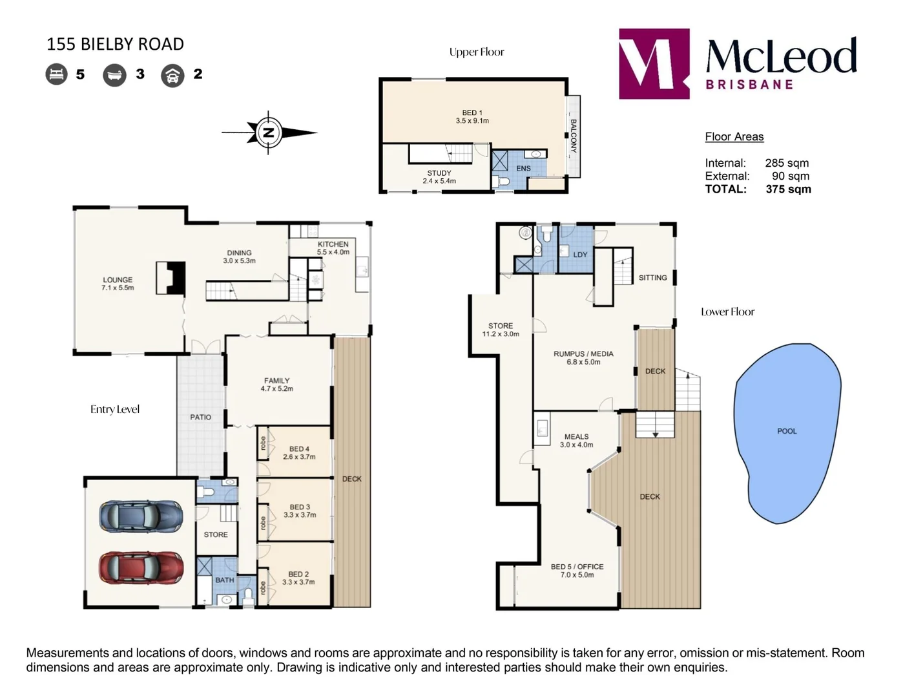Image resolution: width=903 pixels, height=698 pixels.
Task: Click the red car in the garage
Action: click(141, 568)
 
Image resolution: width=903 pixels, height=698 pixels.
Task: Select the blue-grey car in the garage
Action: click(141, 516)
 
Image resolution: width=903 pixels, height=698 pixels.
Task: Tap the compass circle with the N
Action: click(269, 132)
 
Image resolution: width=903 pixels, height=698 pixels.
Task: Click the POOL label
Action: click(787, 431)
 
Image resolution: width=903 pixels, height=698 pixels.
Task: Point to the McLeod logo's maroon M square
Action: click(654, 63)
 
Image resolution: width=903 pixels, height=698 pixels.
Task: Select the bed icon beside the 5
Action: click(56, 74)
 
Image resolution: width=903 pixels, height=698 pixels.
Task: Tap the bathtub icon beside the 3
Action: click(114, 75)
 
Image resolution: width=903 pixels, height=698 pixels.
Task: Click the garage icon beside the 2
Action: click(172, 75)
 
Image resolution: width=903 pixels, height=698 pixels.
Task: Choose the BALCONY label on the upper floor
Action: click(573, 136)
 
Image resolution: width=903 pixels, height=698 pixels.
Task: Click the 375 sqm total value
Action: click(788, 189)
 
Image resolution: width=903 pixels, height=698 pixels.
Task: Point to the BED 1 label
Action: click(472, 112)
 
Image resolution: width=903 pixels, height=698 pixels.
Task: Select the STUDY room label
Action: click(439, 173)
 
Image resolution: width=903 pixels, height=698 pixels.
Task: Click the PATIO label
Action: click(201, 417)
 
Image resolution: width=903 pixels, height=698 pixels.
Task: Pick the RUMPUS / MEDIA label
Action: click(583, 354)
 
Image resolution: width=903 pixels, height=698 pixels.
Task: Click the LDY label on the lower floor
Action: click(580, 255)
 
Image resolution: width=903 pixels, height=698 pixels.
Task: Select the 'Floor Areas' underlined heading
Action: click(734, 137)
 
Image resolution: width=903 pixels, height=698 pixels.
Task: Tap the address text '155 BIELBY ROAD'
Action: click(115, 44)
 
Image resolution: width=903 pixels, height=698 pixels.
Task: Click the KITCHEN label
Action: click(333, 244)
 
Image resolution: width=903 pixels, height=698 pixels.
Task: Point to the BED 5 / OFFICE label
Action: click(577, 567)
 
